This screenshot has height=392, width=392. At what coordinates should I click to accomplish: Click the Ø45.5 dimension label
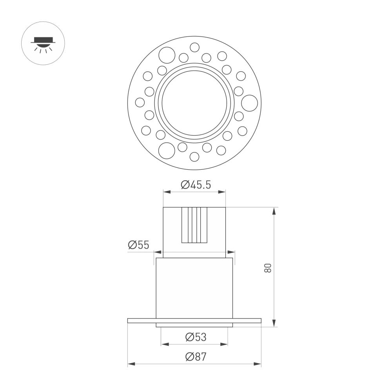tap(196, 185)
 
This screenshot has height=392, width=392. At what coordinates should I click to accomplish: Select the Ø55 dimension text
tap(138, 245)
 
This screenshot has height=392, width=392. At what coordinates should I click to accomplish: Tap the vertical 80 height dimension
tap(268, 268)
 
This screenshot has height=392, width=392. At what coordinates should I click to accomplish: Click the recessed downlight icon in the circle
tap(43, 44)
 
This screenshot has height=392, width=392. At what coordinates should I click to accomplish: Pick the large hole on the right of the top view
tap(249, 103)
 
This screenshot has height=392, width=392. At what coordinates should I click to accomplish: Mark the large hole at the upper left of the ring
tap(167, 55)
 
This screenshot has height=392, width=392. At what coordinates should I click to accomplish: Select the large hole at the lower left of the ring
tap(167, 151)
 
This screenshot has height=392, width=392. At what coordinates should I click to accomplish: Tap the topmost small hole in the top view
tap(194, 47)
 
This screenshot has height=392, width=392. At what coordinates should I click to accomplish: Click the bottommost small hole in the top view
tap(194, 157)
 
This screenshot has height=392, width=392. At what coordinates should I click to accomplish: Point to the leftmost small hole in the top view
tap(140, 102)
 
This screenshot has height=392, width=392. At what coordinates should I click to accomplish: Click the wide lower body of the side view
tap(194, 288)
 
